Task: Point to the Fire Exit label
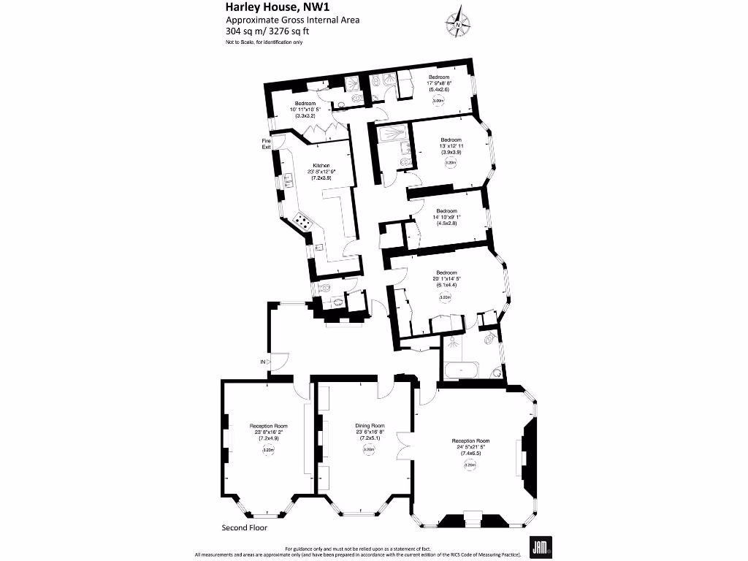[267, 144]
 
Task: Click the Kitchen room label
[321, 166]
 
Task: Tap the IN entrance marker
[262, 362]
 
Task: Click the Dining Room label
[370, 426]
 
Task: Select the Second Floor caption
[245, 527]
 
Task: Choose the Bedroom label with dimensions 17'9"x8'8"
[439, 77]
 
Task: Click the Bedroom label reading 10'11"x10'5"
[305, 104]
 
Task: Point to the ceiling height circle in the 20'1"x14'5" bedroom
[446, 297]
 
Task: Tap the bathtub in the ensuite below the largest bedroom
[461, 371]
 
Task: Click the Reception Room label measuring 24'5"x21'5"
[470, 441]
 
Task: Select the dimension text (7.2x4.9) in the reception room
[269, 438]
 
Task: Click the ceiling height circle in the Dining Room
[369, 450]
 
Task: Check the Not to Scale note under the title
[264, 42]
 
